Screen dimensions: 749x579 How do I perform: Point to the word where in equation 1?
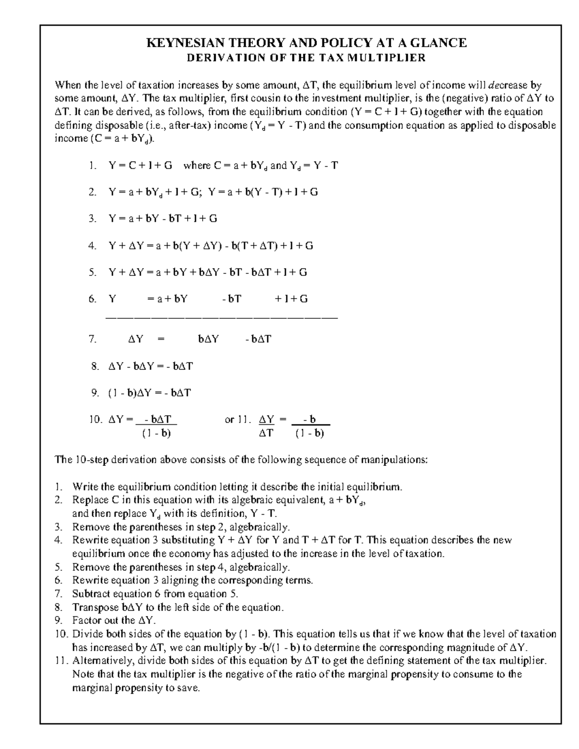pyautogui.click(x=197, y=165)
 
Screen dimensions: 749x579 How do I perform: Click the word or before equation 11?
pyautogui.click(x=229, y=420)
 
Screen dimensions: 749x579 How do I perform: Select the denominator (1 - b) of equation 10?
pyautogui.click(x=157, y=433)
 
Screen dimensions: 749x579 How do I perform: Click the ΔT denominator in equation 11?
pyautogui.click(x=266, y=433)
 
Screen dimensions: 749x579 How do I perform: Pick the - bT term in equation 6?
pyautogui.click(x=232, y=299)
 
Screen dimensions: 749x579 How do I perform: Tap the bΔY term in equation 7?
pyautogui.click(x=208, y=339)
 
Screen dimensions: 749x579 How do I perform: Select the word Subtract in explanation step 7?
pyautogui.click(x=90, y=594)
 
